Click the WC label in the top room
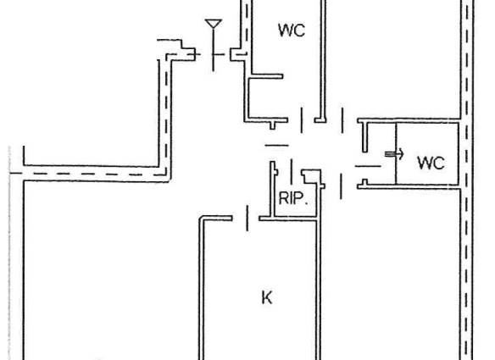[x=292, y=30]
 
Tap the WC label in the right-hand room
[x=431, y=163]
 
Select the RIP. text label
[x=293, y=198]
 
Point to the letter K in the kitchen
[x=267, y=297]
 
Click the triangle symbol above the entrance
[x=214, y=24]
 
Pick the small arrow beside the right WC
[x=394, y=154]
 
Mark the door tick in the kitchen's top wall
[x=247, y=218]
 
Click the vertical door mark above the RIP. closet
[x=292, y=171]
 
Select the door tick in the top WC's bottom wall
[x=302, y=120]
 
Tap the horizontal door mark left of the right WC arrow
[x=368, y=166]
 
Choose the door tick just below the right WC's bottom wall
[x=341, y=186]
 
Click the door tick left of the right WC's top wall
[x=342, y=120]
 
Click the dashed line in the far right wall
[x=467, y=180]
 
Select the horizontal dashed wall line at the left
[x=88, y=174]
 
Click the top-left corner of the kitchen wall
[x=199, y=217]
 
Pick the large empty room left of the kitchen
[x=110, y=269]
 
